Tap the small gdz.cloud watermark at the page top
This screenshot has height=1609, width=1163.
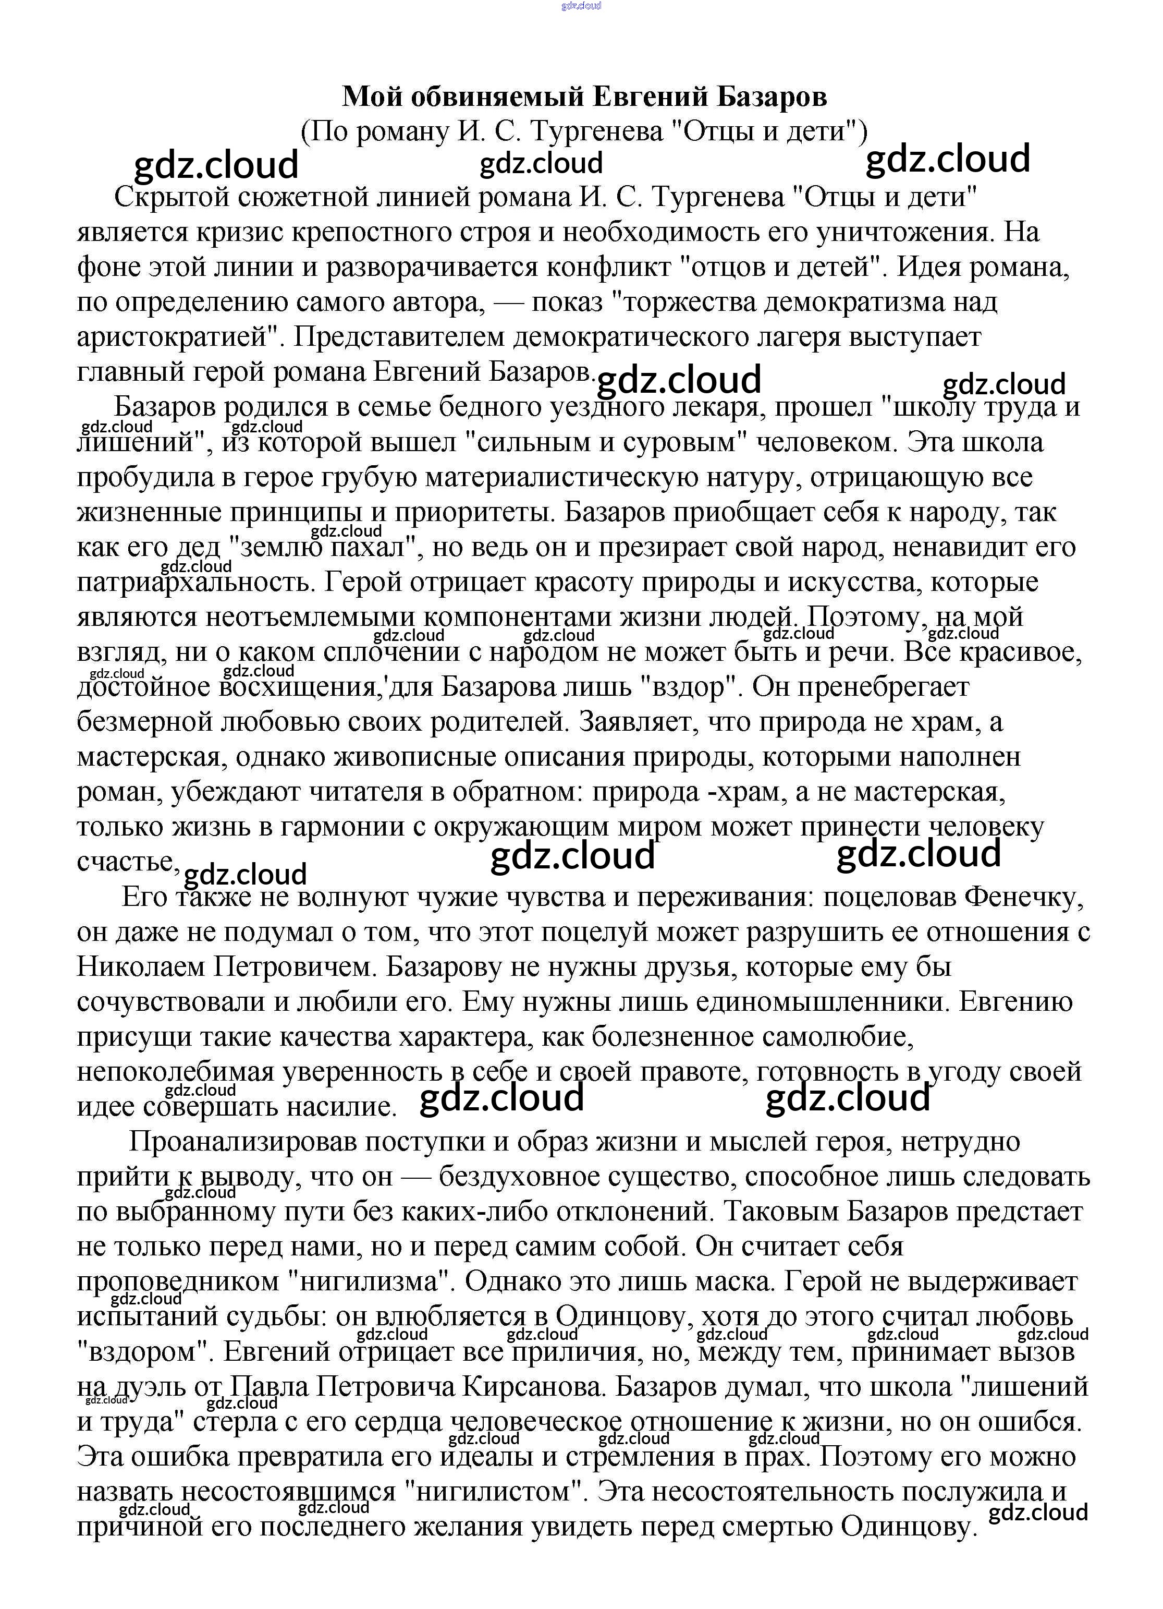tap(581, 6)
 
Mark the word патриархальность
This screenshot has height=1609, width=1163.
tap(191, 582)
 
